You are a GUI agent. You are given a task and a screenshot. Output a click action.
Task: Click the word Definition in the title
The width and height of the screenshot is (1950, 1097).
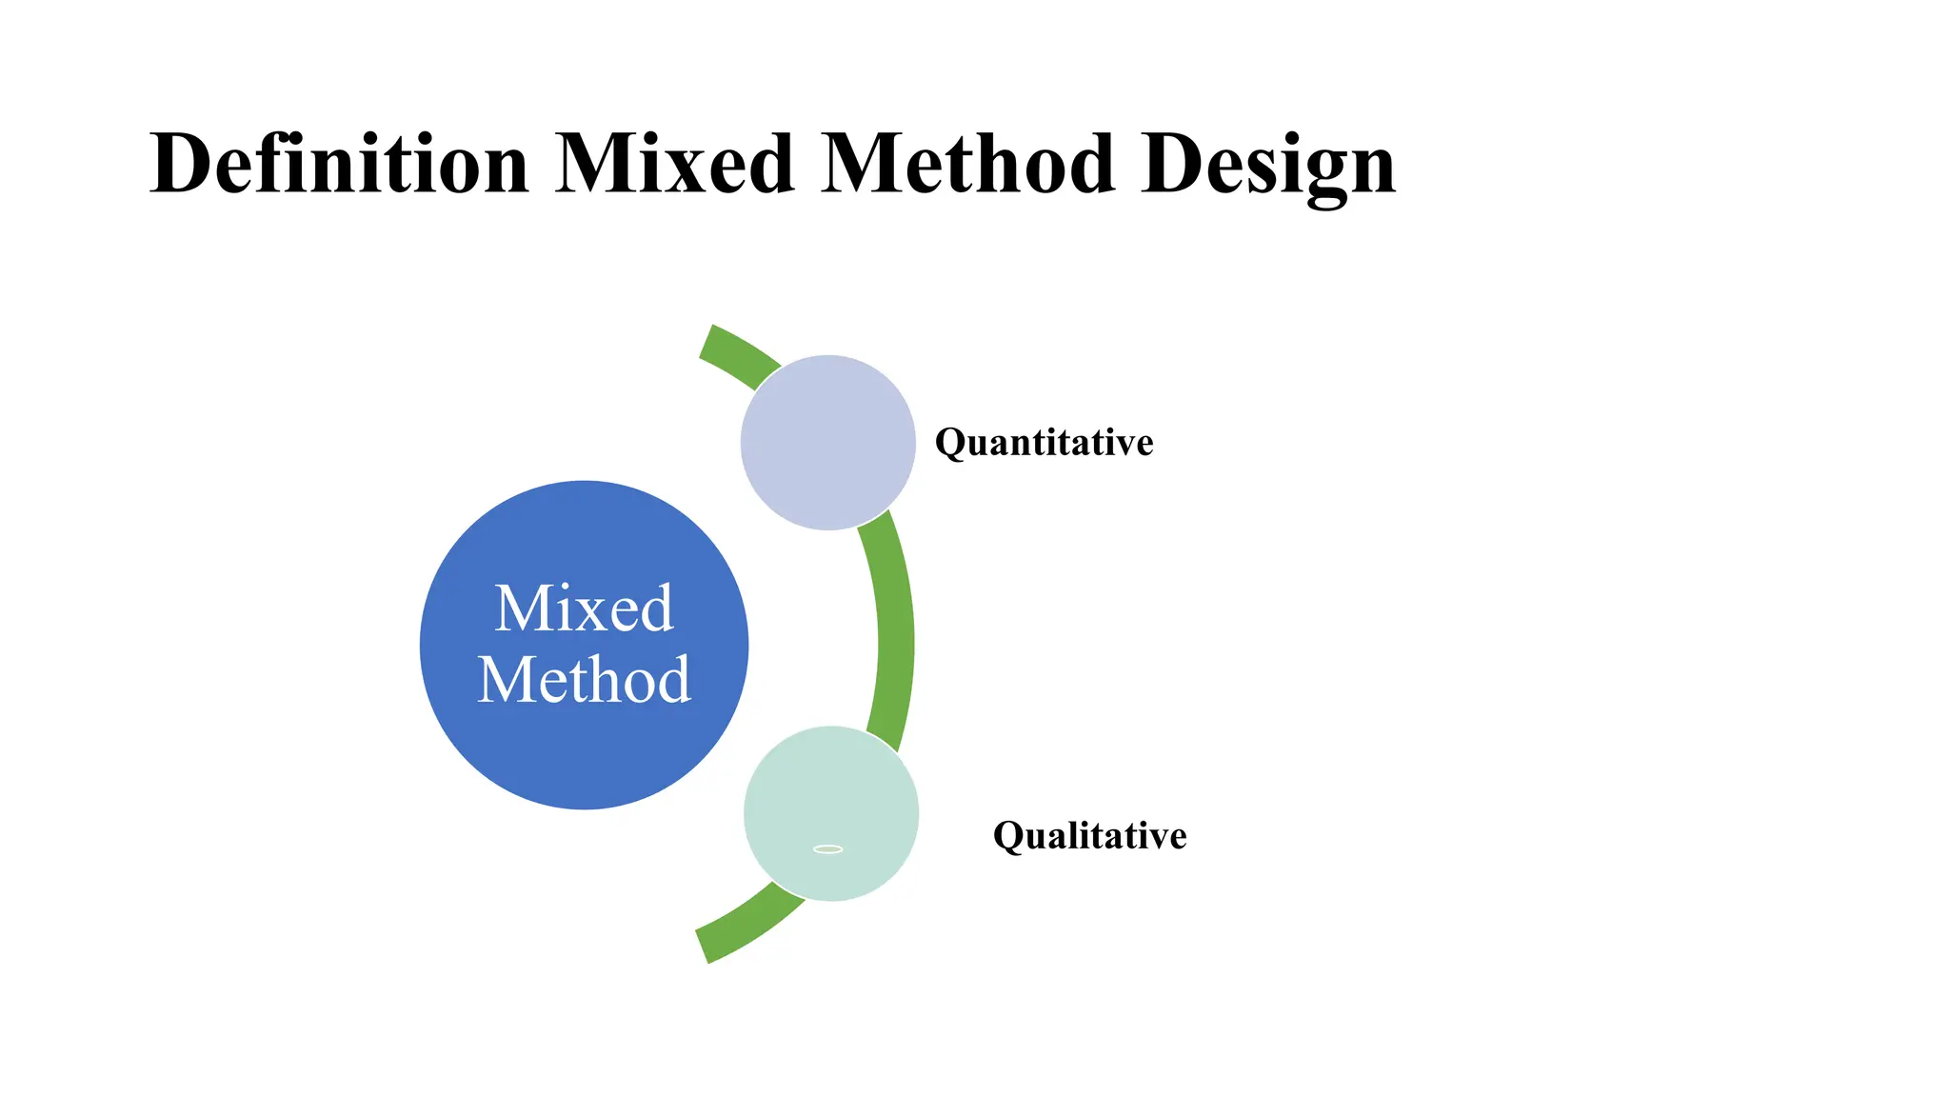coord(339,164)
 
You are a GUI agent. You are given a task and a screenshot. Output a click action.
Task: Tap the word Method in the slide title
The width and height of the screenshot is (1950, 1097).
coord(967,164)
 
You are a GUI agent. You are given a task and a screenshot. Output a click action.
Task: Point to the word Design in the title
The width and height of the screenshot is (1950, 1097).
coord(1267,164)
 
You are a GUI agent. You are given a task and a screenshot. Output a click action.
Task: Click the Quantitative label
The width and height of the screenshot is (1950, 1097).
coord(1044,442)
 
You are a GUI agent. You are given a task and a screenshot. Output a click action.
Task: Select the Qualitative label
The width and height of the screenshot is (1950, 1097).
coord(1089,835)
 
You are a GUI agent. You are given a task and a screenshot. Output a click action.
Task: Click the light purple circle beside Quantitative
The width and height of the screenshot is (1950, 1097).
coord(827,442)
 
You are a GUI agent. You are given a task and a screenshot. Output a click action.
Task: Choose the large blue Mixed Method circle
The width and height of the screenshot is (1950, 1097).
coord(584,752)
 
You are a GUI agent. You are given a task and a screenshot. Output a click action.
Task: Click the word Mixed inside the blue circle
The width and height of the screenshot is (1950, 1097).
coord(584,608)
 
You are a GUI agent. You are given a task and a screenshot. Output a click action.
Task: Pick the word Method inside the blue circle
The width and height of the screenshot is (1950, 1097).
coord(584,680)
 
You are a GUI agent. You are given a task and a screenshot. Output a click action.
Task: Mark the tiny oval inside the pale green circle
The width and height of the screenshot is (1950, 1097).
coord(827,848)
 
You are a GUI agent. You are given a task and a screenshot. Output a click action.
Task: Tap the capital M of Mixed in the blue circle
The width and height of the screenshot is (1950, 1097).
coord(523,608)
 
